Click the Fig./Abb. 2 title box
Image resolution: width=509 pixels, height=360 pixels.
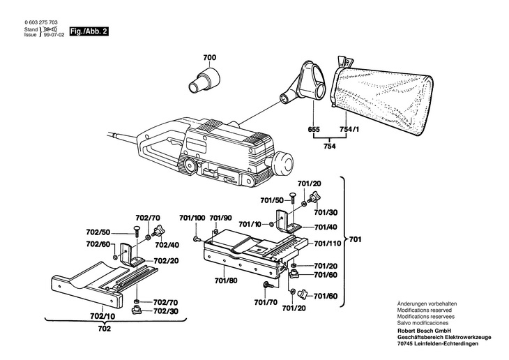point(89,31)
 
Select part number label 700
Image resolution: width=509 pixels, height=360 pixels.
point(209,58)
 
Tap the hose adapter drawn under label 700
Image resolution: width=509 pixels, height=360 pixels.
point(204,80)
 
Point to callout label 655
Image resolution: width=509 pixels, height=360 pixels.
point(314,129)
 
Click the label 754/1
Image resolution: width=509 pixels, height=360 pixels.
point(349,129)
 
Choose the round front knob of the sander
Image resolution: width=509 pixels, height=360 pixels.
point(283,161)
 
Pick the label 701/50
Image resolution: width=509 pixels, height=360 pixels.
point(272,200)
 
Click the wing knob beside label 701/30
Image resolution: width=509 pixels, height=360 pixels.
point(313,197)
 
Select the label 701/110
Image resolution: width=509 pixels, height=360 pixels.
point(328,243)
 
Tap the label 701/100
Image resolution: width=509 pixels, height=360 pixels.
point(192,218)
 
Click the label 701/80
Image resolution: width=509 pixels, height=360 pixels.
point(226,280)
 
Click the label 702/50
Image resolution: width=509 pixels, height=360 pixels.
point(98,232)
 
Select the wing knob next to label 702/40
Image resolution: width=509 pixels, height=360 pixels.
point(158,231)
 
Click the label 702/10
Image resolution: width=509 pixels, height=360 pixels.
point(102,316)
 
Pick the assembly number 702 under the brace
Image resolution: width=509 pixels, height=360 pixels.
point(105,329)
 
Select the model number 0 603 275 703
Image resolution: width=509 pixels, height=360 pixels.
point(41,22)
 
